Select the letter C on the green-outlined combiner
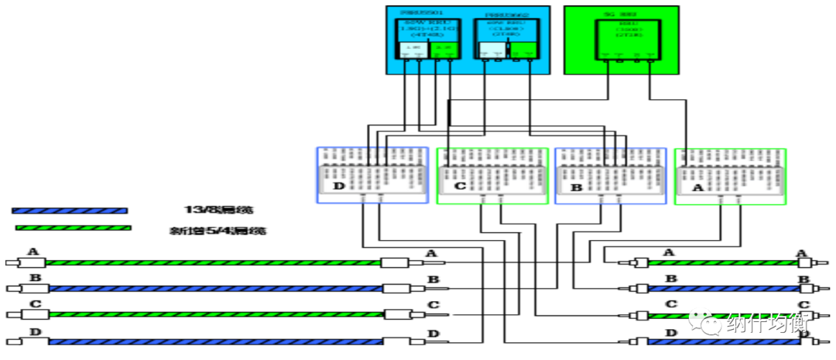tap(459, 187)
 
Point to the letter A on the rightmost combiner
tap(697, 187)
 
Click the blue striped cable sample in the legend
tap(70, 210)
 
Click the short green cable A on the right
tap(723, 262)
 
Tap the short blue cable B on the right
tap(723, 289)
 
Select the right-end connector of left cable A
tap(399, 262)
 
